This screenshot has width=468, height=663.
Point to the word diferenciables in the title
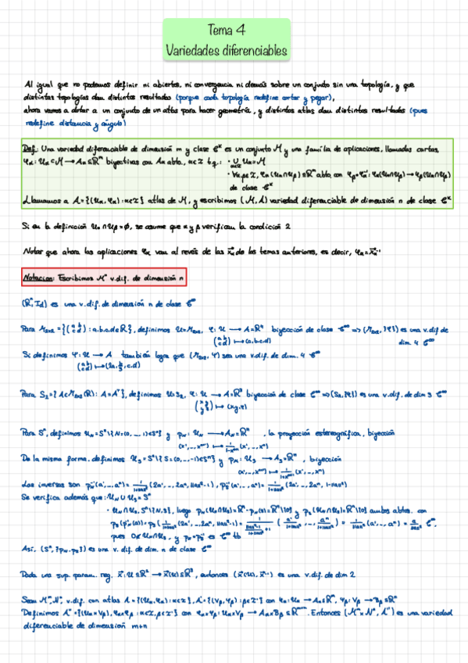[255, 49]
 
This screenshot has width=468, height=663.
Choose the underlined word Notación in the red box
[41, 277]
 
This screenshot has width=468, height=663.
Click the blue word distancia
[70, 124]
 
